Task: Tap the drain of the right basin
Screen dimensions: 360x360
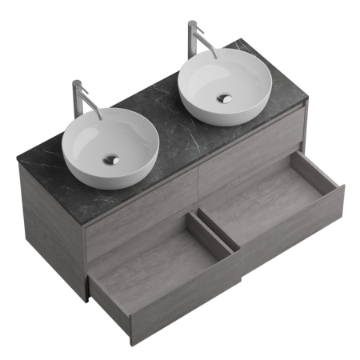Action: [225, 98]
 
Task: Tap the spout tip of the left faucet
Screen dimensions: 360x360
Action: [101, 116]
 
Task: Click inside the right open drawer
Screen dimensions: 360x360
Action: [264, 204]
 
